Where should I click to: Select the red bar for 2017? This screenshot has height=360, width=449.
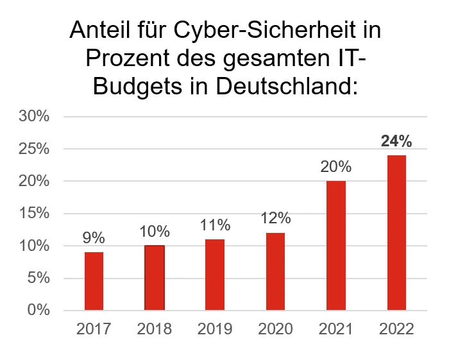point(94,281)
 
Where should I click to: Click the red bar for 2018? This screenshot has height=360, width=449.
point(154,278)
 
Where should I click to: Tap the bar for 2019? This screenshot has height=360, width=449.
point(215,275)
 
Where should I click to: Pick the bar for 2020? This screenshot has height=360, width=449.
point(275,271)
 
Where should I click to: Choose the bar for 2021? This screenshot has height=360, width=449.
point(336,246)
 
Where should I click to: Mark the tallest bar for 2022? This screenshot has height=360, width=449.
point(396,232)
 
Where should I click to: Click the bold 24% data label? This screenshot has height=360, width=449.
point(396,141)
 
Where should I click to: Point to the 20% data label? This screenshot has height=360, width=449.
point(336,167)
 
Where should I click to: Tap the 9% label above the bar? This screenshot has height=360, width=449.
point(94,238)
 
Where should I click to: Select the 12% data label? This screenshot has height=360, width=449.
point(275,218)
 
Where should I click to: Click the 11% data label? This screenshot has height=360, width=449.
point(215,225)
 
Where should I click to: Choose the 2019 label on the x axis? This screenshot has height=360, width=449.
point(215,329)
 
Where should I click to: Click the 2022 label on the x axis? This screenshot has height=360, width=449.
point(396,329)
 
